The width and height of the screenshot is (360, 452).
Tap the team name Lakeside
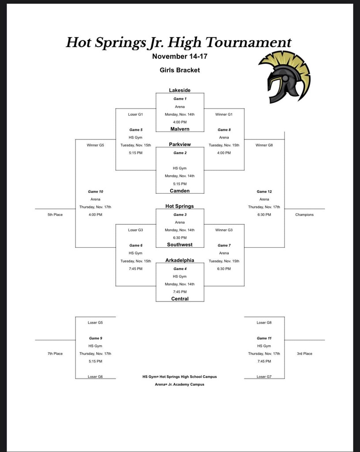(x=180, y=90)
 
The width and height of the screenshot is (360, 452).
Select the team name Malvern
(x=180, y=129)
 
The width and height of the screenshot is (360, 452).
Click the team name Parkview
(x=180, y=144)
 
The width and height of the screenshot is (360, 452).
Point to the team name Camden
(x=180, y=191)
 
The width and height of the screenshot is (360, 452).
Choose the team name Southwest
(x=180, y=245)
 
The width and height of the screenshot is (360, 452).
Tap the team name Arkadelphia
(x=180, y=260)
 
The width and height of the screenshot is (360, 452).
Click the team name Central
(x=180, y=299)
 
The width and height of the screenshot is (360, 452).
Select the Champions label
(x=304, y=215)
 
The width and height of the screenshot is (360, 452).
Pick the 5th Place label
(x=55, y=215)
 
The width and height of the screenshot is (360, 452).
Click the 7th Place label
(x=55, y=354)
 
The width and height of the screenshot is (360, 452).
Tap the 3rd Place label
(x=304, y=354)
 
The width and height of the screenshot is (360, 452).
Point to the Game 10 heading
(x=95, y=192)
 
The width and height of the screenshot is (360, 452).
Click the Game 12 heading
(x=264, y=192)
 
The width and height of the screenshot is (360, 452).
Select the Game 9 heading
(x=95, y=338)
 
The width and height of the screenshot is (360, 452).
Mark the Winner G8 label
(x=264, y=145)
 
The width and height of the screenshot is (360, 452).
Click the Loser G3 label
(x=136, y=230)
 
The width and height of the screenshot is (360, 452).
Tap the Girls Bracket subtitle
(x=180, y=70)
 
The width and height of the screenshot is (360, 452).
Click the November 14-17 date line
(x=180, y=56)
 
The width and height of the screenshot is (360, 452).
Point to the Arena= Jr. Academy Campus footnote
(x=179, y=384)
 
